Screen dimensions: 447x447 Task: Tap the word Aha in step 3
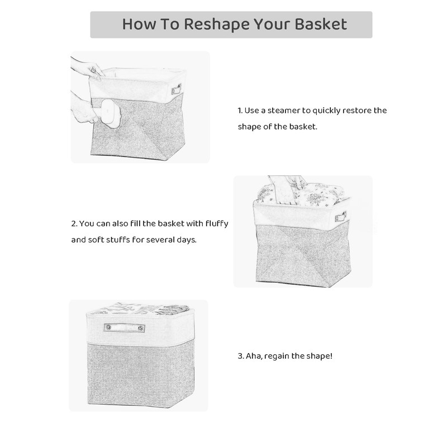click(x=254, y=355)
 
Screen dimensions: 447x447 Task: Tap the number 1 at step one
click(x=239, y=111)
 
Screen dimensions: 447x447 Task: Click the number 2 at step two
click(x=74, y=223)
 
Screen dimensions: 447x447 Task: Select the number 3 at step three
click(x=240, y=355)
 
